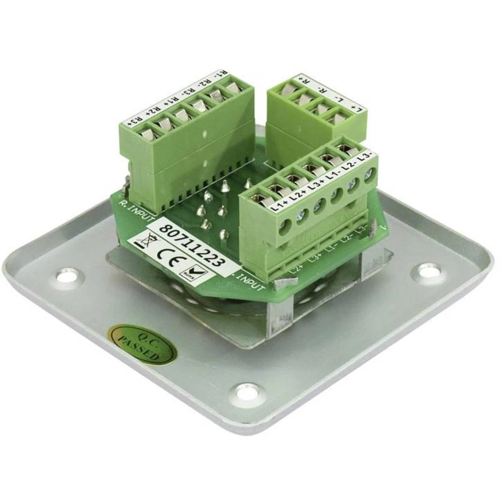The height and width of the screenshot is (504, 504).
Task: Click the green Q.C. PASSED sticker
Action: coord(142,345)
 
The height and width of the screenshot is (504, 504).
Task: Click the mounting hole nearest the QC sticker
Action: coord(246,393)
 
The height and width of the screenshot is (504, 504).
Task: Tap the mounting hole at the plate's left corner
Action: coord(68,276)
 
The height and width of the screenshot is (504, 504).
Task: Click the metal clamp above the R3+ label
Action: coord(146,134)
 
